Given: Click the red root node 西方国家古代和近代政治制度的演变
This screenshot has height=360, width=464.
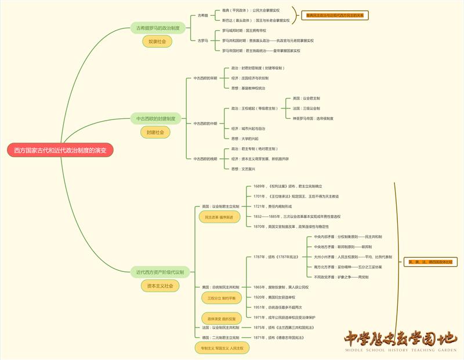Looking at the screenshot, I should point(60,150).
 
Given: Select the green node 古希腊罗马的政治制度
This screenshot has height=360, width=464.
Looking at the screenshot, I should point(157,28).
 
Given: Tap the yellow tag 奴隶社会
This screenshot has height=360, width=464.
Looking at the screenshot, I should point(157,42).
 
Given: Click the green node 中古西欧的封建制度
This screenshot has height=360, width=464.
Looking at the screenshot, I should point(155,119).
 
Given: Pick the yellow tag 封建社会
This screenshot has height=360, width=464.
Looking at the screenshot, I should point(155,132).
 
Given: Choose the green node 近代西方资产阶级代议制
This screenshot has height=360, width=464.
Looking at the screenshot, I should point(159,272).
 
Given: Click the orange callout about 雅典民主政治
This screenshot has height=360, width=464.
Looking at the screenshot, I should point(335,15).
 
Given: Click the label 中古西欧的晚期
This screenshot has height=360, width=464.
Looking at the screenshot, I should point(205,158).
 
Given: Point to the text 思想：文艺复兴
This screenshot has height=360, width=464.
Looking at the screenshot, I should point(243,169).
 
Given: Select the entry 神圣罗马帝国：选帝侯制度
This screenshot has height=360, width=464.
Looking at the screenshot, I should point(313,118).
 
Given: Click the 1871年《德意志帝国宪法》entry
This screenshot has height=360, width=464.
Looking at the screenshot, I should point(282,337).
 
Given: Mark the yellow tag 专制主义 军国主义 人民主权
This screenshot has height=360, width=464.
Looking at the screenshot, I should point(223,348).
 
